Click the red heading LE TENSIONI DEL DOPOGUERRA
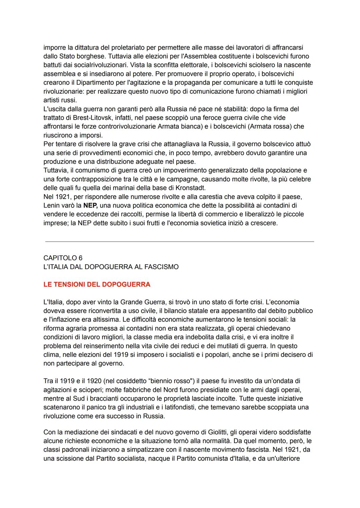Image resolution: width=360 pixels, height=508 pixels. click(97, 284)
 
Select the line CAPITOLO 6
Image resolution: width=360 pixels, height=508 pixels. click(63, 258)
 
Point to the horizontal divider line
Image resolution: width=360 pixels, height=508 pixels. click(179, 242)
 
